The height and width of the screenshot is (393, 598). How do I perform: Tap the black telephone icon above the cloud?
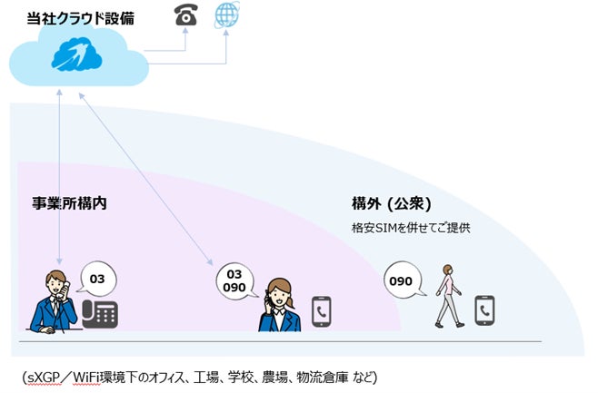point(186,14)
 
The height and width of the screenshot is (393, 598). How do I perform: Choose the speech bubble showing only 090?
point(401,280)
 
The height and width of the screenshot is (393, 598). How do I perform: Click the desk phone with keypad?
point(100,313)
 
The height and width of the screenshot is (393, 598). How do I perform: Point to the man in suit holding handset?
point(53,302)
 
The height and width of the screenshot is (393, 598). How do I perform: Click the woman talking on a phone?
point(281,305)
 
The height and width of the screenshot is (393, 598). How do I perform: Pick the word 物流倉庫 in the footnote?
point(316,376)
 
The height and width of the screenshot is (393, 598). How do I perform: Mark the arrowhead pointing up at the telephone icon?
point(186,31)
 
